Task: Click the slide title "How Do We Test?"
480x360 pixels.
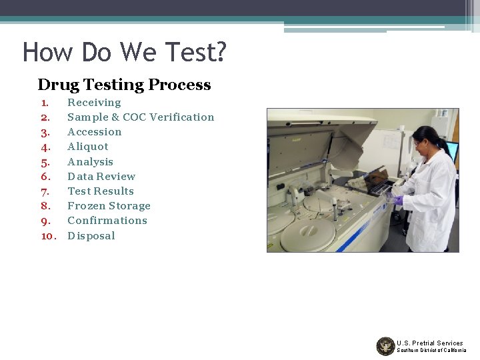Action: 125,51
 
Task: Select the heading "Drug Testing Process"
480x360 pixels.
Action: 124,85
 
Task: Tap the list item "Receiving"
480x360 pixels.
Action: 94,103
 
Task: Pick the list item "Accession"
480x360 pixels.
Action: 95,132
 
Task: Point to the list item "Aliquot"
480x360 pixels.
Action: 87,147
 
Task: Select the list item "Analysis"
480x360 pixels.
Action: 90,162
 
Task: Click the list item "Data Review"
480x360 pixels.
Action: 101,177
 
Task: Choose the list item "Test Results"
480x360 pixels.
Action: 101,191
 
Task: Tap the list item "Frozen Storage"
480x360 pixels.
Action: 109,206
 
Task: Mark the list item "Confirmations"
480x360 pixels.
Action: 107,221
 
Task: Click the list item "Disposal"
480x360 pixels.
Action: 91,236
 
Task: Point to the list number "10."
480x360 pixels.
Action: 48,236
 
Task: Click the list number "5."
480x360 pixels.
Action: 45,162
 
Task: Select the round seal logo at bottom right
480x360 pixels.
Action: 385,346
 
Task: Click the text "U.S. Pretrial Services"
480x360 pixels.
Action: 429,343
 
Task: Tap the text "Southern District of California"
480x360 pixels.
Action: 431,351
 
